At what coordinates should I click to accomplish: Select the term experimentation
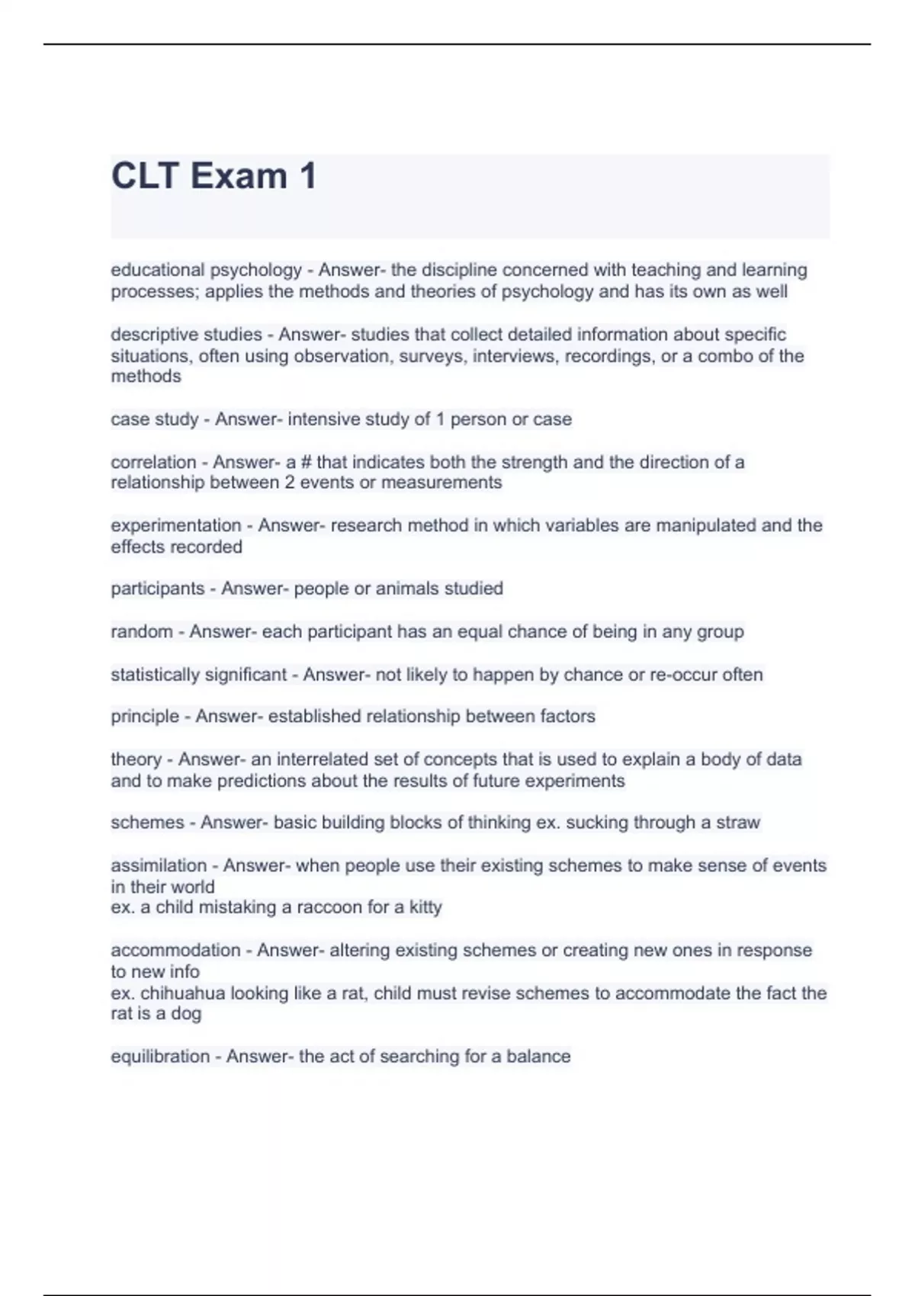click(175, 525)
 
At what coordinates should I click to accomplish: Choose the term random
click(142, 632)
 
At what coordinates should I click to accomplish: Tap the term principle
click(145, 717)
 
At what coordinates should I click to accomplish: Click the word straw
click(738, 823)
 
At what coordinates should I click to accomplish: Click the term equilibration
click(160, 1057)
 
